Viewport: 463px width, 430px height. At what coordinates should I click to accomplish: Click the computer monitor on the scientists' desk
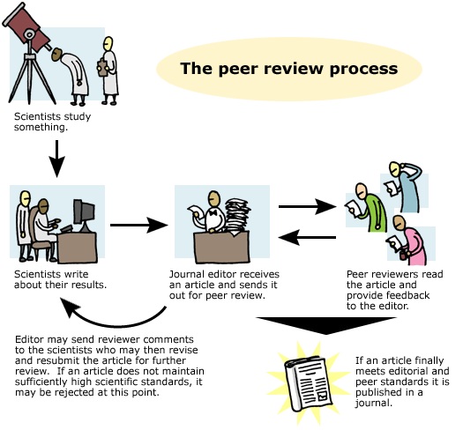pyautogui.click(x=84, y=211)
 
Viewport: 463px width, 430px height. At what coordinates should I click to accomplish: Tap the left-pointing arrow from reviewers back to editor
pyautogui.click(x=305, y=236)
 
